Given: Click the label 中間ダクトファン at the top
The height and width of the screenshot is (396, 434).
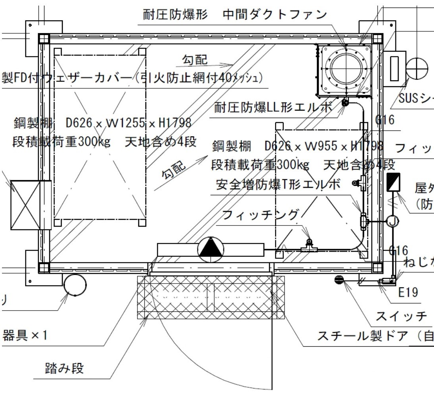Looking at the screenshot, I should tap(275, 15).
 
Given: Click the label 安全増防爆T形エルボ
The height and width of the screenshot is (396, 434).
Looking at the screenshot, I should tap(278, 184).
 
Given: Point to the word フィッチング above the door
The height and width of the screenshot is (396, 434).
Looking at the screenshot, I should tap(260, 215).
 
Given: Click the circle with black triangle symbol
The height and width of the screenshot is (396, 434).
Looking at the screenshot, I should tap(211, 249).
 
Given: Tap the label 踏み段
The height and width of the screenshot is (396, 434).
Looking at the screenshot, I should tap(64, 368).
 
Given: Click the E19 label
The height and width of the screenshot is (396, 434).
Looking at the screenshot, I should tap(408, 293).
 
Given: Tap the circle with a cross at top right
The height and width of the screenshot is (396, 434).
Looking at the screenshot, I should tap(417, 70).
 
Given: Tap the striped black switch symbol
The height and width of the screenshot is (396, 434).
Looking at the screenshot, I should tap(339, 280).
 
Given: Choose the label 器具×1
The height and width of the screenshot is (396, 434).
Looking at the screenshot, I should tap(25, 336).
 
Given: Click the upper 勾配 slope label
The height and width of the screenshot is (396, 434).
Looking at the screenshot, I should tap(195, 60).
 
